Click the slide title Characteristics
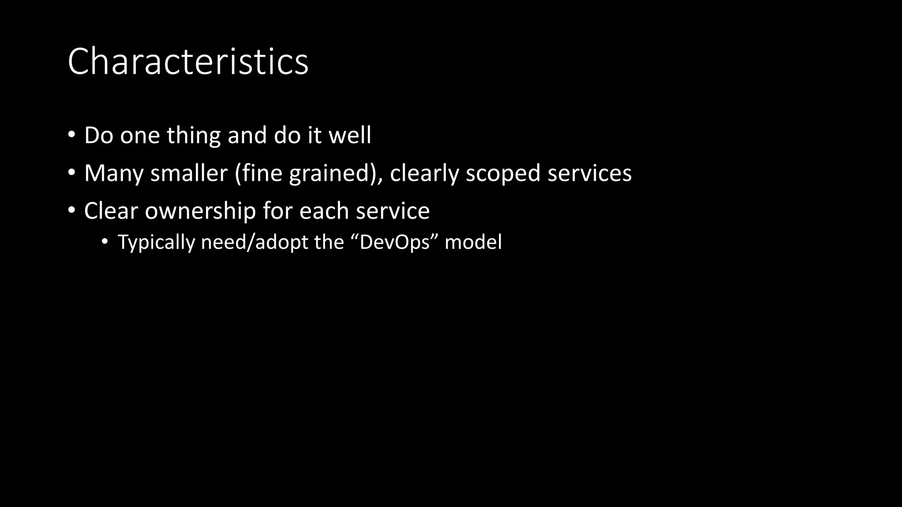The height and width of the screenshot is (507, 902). pyautogui.click(x=188, y=62)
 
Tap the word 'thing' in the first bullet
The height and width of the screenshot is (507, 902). pyautogui.click(x=193, y=135)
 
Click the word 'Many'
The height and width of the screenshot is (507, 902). pyautogui.click(x=114, y=173)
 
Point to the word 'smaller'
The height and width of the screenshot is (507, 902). pyautogui.click(x=189, y=173)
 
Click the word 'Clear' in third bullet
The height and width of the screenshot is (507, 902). pyautogui.click(x=111, y=211)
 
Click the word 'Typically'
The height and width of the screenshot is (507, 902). pyautogui.click(x=156, y=242)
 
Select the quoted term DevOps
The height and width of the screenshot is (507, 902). pyautogui.click(x=395, y=242)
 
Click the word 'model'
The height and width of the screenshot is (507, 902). pyautogui.click(x=473, y=242)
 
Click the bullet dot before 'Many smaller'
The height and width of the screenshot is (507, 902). pyautogui.click(x=72, y=172)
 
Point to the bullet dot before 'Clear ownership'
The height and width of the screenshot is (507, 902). pyautogui.click(x=72, y=210)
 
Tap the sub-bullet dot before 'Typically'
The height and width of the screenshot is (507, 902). pyautogui.click(x=104, y=242)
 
